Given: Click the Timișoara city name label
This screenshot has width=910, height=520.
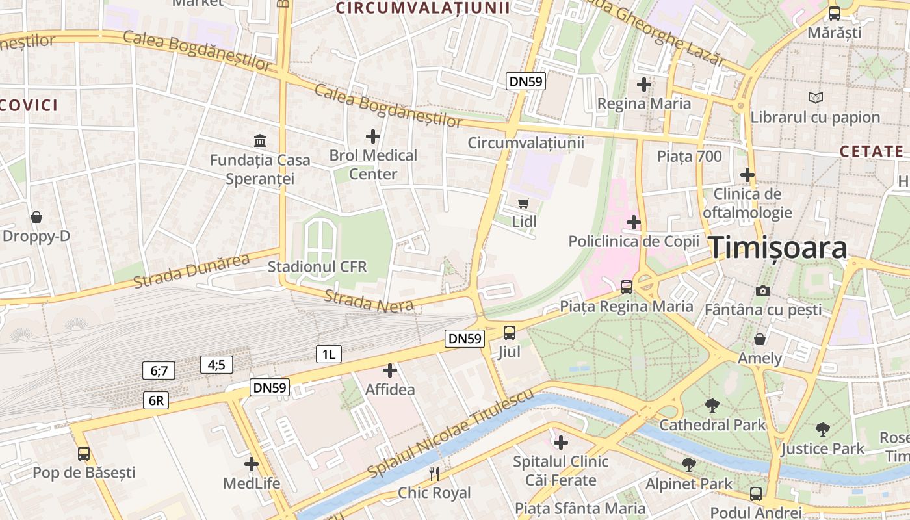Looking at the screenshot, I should (777, 248).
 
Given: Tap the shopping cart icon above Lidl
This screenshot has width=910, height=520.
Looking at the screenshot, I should (524, 203).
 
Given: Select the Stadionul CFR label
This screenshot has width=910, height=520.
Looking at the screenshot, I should (317, 266).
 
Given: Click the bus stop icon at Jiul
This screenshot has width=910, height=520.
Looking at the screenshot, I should (510, 333).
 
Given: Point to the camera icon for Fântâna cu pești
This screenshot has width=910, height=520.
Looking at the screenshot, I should (763, 291).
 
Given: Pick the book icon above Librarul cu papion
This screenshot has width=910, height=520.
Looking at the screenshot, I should (815, 97).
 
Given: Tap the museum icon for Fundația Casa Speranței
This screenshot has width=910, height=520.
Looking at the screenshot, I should (260, 140).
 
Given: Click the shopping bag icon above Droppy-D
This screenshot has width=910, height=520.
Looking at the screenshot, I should (36, 216).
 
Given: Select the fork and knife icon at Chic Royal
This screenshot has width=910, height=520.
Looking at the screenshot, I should (434, 473).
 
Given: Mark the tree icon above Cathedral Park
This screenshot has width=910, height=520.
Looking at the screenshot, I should (712, 406).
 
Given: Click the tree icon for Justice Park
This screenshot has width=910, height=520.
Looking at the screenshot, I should (822, 429).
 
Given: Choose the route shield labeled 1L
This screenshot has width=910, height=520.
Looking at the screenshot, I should (328, 354).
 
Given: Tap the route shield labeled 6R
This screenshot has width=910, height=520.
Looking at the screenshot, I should (156, 400).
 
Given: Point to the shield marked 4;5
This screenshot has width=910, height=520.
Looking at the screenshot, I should (216, 365).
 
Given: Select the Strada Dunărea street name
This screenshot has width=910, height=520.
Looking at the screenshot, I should (192, 271).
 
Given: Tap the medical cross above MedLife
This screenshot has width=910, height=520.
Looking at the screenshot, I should (252, 464).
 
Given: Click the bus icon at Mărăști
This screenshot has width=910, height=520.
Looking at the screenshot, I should (835, 13).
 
